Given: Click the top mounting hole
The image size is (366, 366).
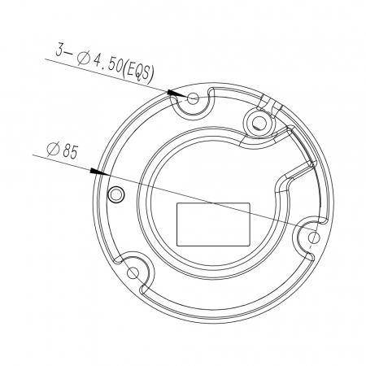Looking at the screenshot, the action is pyautogui.click(x=193, y=98).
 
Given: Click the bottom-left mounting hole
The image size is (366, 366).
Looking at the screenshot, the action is pyautogui.click(x=133, y=272).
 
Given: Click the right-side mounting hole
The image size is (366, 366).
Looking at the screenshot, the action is pyautogui.click(x=314, y=237).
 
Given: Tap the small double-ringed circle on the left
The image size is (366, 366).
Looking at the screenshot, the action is pyautogui.click(x=116, y=194).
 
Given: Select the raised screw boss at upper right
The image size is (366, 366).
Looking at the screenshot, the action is pyautogui.click(x=259, y=122).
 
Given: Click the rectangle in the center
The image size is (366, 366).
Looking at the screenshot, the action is pyautogui.click(x=213, y=224).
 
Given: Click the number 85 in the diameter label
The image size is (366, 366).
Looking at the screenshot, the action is pyautogui.click(x=70, y=151).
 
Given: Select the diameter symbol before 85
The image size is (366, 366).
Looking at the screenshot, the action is pyautogui.click(x=53, y=150).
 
